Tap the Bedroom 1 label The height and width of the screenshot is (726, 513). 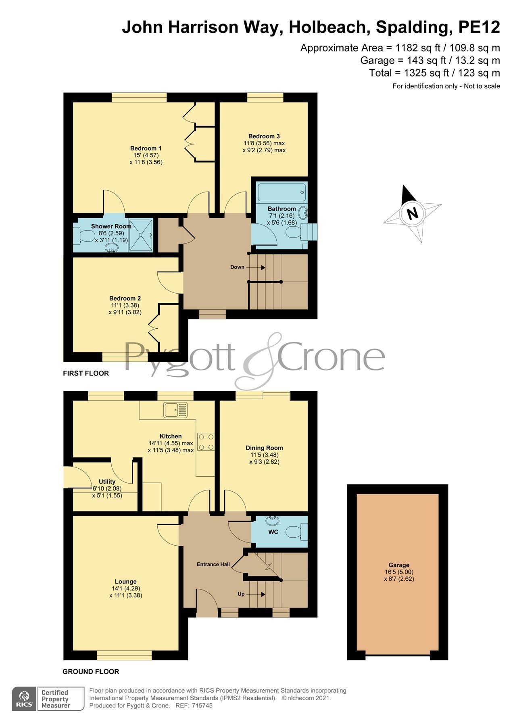(146, 148)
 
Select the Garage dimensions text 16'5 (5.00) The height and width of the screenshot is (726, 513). (399, 572)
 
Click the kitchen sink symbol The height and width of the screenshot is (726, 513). (176, 410)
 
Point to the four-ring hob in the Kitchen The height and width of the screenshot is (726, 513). (206, 442)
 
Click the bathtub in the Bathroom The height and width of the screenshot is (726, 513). (281, 193)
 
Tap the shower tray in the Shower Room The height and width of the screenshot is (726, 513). (141, 235)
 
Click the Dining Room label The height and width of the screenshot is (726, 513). (264, 448)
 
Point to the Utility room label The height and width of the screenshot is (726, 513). (107, 482)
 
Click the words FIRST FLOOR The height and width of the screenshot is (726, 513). (86, 373)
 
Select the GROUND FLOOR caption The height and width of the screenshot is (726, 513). (91, 672)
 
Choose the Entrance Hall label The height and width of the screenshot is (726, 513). (213, 564)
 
